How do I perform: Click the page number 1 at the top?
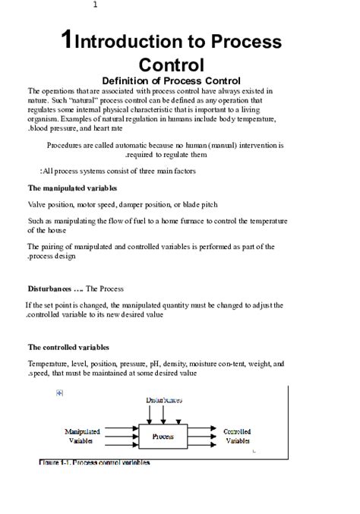pos(95,5)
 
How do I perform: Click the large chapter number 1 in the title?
pos(68,42)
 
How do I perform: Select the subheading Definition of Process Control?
pos(171,80)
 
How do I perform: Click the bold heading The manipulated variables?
pos(72,188)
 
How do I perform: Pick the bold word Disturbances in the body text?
pos(50,289)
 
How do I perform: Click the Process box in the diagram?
pos(163,437)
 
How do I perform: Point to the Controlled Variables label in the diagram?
pos(238,436)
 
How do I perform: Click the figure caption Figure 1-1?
pos(94,462)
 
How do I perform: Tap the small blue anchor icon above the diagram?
pos(59,393)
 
